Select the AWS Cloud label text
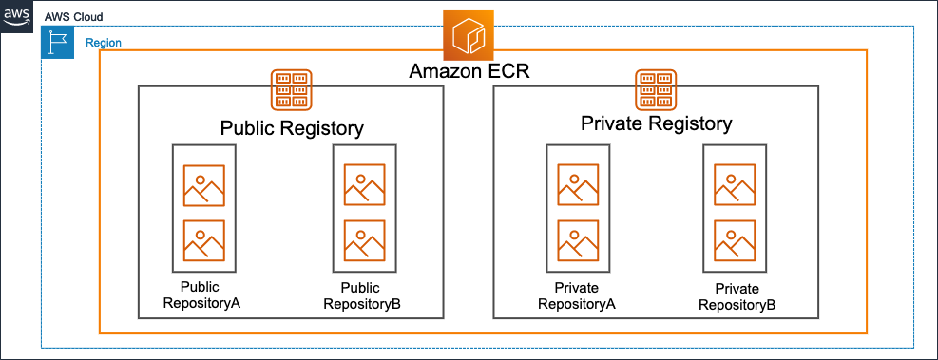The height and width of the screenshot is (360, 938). coord(74,18)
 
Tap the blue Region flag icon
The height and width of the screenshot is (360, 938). coord(57,43)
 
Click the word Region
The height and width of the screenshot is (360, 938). coord(104,43)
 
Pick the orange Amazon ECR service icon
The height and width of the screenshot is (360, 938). coord(469,37)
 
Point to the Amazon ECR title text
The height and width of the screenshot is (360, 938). coord(469,71)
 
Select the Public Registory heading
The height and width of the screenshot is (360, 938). coord(292,128)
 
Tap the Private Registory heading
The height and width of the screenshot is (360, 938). coord(657,123)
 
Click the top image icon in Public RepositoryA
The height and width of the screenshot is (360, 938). coord(203,186)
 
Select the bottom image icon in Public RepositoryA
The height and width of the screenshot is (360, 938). coord(203,240)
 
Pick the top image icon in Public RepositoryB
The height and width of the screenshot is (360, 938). coord(364,186)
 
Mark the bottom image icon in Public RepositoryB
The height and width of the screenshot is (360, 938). coord(364,240)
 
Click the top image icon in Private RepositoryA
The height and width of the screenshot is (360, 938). coord(578,186)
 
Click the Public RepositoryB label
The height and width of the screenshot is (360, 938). coord(362,295)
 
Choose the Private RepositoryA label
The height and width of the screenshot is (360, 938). coord(577,295)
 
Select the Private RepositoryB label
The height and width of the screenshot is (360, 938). coord(737,296)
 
